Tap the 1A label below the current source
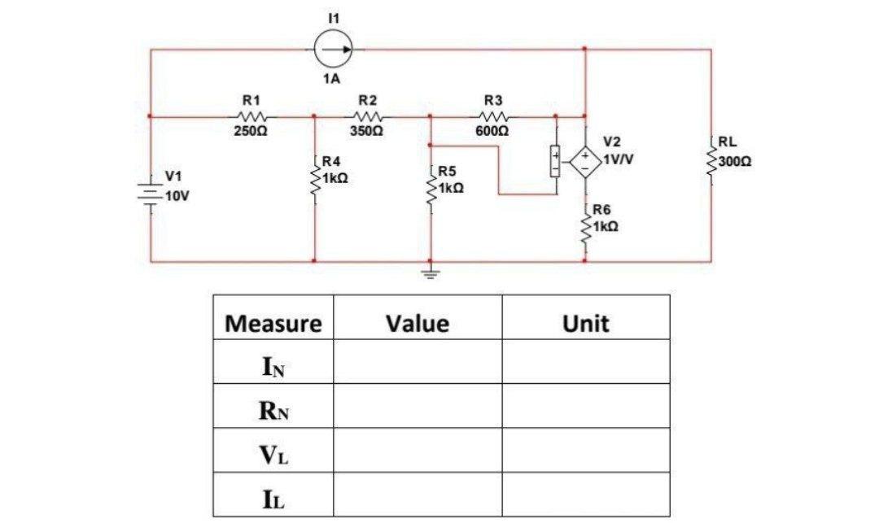330,80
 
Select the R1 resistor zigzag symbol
251,115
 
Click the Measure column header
273,324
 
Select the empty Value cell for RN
418,412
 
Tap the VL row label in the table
273,455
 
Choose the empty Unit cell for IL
585,498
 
